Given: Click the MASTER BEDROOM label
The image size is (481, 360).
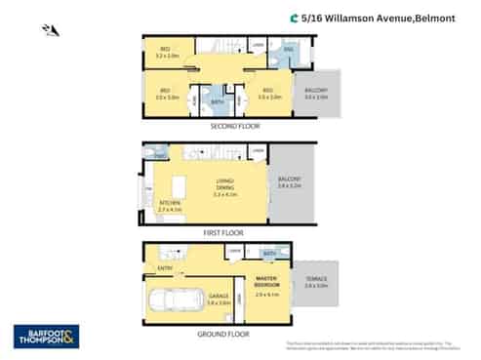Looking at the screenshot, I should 267,284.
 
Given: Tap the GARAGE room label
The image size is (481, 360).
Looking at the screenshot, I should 218,297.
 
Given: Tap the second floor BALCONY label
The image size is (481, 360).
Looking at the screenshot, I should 315,94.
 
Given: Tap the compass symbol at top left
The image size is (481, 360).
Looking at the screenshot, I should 51,30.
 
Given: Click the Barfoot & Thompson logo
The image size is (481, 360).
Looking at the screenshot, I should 46,336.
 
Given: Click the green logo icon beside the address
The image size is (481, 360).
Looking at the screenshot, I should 295,17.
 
